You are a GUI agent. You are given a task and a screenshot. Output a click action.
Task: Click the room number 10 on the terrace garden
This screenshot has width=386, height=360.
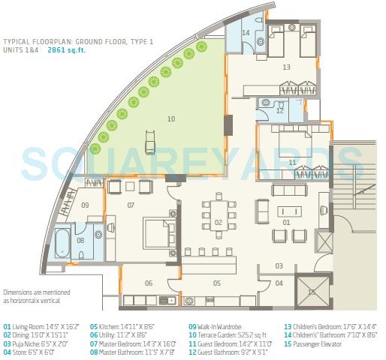pyautogui.click(x=170, y=118)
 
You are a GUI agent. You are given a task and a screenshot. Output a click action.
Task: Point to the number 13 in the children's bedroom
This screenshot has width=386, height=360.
pyautogui.click(x=286, y=67)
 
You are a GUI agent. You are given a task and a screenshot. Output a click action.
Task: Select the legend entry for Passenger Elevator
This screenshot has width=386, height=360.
pyautogui.click(x=312, y=344)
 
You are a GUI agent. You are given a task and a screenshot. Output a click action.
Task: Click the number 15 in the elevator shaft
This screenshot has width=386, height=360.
pyautogui.click(x=311, y=291)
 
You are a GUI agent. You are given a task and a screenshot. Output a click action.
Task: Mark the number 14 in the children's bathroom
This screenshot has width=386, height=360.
pyautogui.click(x=246, y=32)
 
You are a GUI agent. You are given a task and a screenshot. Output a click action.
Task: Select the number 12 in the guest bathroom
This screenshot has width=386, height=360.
pyautogui.click(x=279, y=111)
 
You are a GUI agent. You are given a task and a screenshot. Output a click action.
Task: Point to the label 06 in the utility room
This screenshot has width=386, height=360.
pyautogui.click(x=149, y=283)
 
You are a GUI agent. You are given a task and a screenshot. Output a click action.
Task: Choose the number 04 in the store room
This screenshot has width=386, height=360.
pyautogui.click(x=279, y=283)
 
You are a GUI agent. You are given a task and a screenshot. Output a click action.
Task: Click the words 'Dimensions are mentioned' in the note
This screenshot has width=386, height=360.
pyautogui.click(x=35, y=292)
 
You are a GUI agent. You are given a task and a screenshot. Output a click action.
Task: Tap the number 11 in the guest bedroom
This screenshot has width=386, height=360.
pyautogui.click(x=292, y=162)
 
